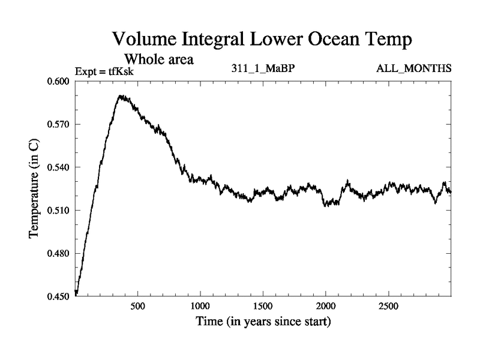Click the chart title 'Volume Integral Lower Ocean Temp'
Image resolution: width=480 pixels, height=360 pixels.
[x=263, y=41]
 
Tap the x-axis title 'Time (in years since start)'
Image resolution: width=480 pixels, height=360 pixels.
[x=263, y=322]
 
